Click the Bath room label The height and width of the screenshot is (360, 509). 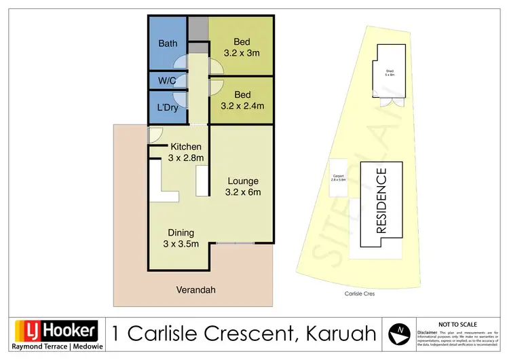tap(168, 43)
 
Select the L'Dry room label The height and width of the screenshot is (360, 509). tap(167, 107)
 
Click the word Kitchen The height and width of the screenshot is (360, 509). tap(186, 147)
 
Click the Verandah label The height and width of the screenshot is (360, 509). tap(195, 290)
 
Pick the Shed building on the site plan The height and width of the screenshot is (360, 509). tap(390, 73)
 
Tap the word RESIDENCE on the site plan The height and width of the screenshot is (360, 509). tap(381, 200)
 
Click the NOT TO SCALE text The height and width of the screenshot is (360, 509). tap(459, 325)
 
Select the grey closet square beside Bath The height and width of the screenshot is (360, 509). tap(197, 29)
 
